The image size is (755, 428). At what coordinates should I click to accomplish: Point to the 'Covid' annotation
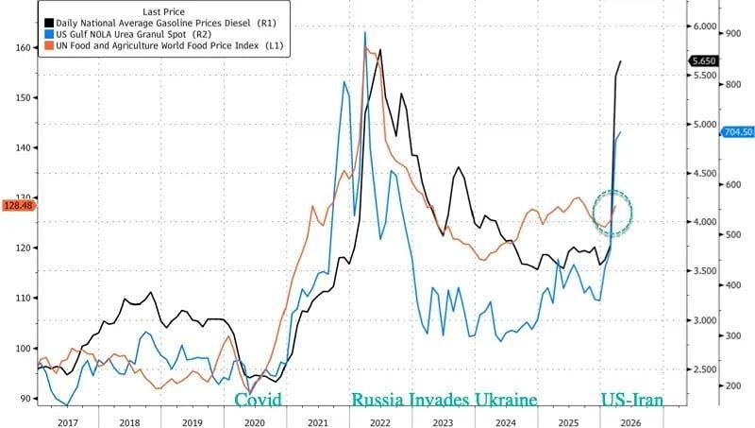coord(259,400)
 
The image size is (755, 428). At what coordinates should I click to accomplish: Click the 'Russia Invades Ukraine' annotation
coord(445,400)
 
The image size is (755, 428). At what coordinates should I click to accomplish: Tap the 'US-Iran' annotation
coord(632,400)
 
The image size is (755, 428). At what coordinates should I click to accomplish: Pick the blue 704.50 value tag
coord(736,132)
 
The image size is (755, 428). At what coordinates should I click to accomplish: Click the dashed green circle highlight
coord(612,214)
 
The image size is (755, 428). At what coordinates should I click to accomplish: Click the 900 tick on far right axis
coord(732,33)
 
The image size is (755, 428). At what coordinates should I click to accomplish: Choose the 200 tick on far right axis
coord(732,386)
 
